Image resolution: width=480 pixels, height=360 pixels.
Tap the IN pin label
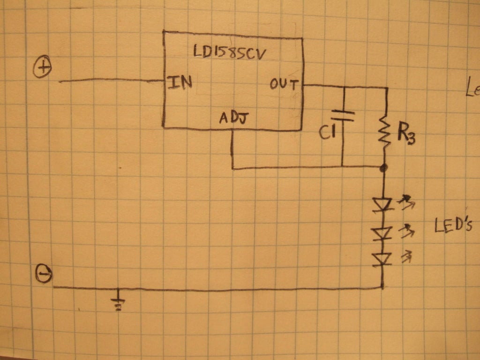(180, 83)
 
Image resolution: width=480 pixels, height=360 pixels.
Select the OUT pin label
(284, 85)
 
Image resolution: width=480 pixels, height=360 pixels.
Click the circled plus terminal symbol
(42, 68)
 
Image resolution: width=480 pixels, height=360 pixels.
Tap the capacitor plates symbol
(342, 115)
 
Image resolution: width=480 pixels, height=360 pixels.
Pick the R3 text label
(406, 135)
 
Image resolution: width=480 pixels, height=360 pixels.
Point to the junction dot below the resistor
(383, 167)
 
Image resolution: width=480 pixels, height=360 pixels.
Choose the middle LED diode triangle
(383, 232)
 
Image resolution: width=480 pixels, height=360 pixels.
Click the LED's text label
(451, 226)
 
